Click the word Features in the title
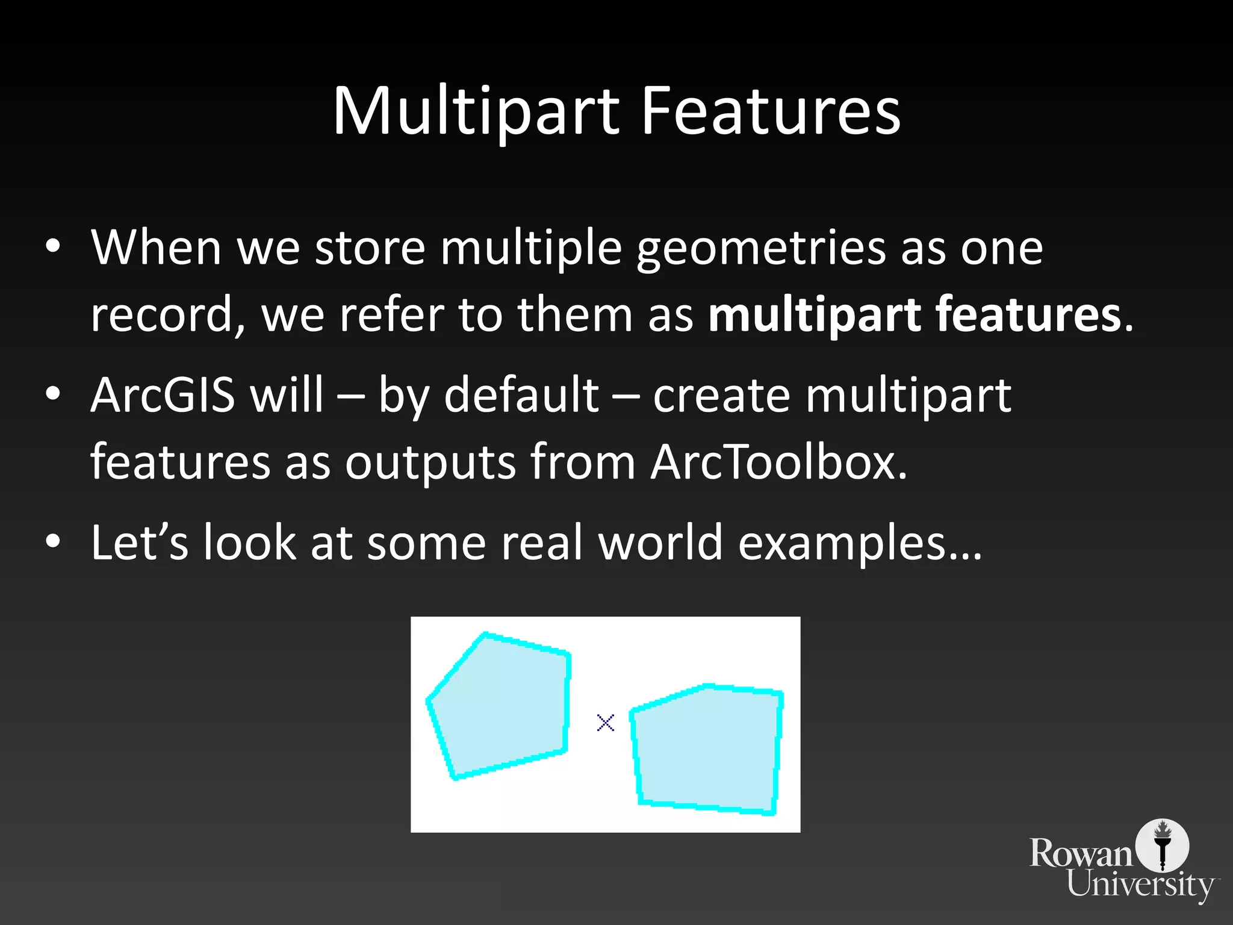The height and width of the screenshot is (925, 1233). [770, 111]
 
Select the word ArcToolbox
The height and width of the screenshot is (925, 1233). [778, 462]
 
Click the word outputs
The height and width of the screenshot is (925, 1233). [430, 462]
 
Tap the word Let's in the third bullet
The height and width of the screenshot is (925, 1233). [139, 543]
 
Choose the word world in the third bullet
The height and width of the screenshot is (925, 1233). [660, 543]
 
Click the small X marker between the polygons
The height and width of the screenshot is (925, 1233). [605, 723]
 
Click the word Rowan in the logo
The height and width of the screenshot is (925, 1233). [1081, 854]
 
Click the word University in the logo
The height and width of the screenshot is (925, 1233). [1141, 886]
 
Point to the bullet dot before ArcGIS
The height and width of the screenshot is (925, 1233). [53, 395]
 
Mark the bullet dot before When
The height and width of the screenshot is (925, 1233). [53, 247]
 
